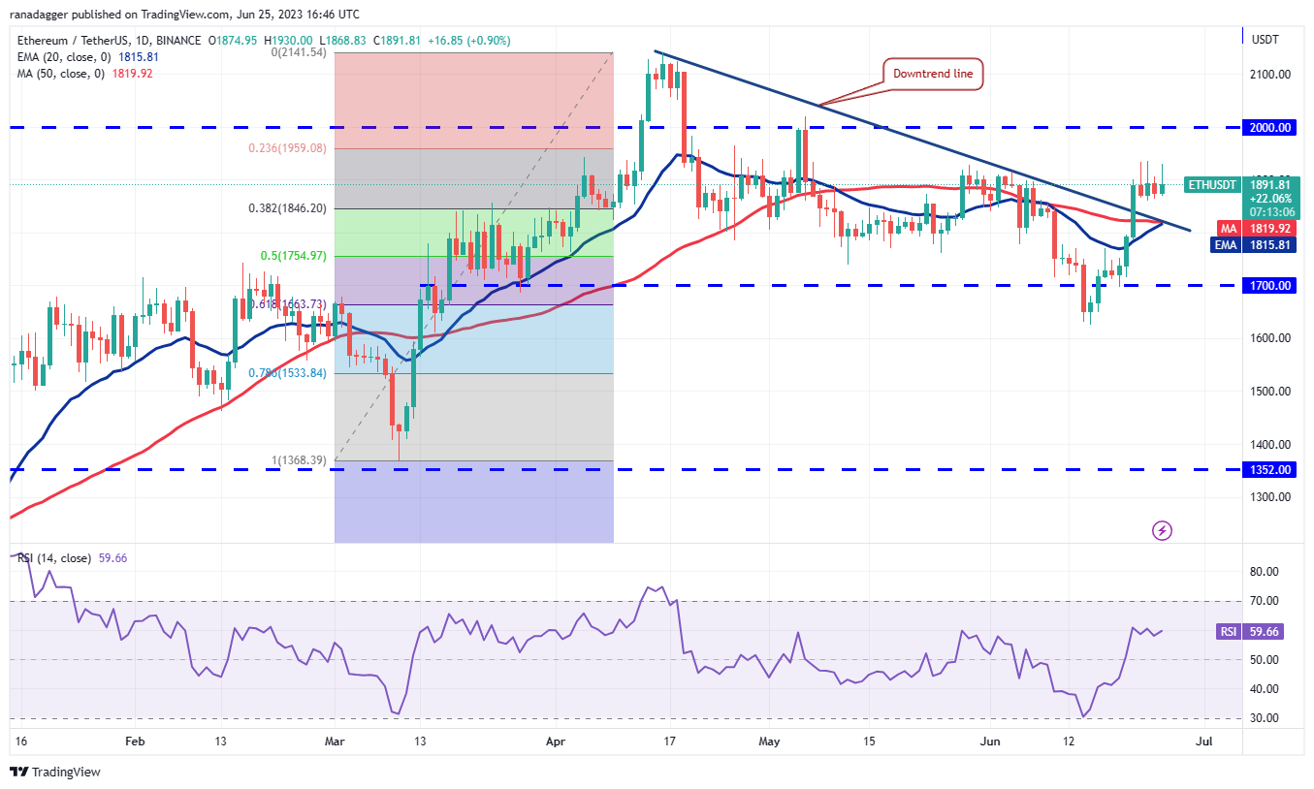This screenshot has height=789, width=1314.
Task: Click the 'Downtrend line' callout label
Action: click(x=933, y=74)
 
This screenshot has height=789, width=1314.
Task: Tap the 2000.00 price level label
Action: click(x=1270, y=127)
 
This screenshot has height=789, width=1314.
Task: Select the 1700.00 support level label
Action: click(x=1270, y=286)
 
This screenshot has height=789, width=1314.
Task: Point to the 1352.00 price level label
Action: click(x=1270, y=469)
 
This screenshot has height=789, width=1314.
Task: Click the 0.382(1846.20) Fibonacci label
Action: click(x=287, y=208)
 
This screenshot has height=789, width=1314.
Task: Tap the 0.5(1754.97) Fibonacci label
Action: click(x=293, y=256)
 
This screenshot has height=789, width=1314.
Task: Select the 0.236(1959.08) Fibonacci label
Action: click(x=287, y=148)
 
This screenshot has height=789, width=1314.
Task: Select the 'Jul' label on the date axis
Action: click(x=1203, y=742)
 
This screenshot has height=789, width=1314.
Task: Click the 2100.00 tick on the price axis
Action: click(x=1269, y=74)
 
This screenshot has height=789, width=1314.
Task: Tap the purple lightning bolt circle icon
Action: click(x=1162, y=530)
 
